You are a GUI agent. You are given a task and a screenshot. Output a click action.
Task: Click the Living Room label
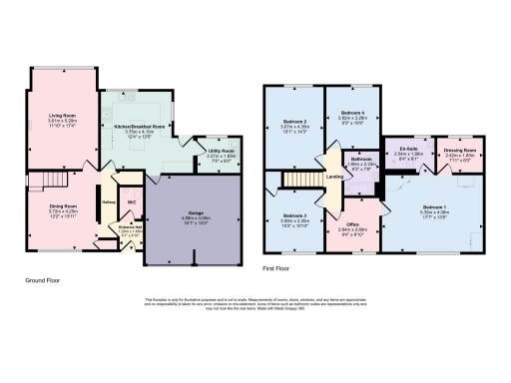tap(63, 116)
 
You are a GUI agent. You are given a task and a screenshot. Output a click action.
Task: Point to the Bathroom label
tap(361, 159)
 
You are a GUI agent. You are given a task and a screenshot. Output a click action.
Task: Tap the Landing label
tap(333, 178)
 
